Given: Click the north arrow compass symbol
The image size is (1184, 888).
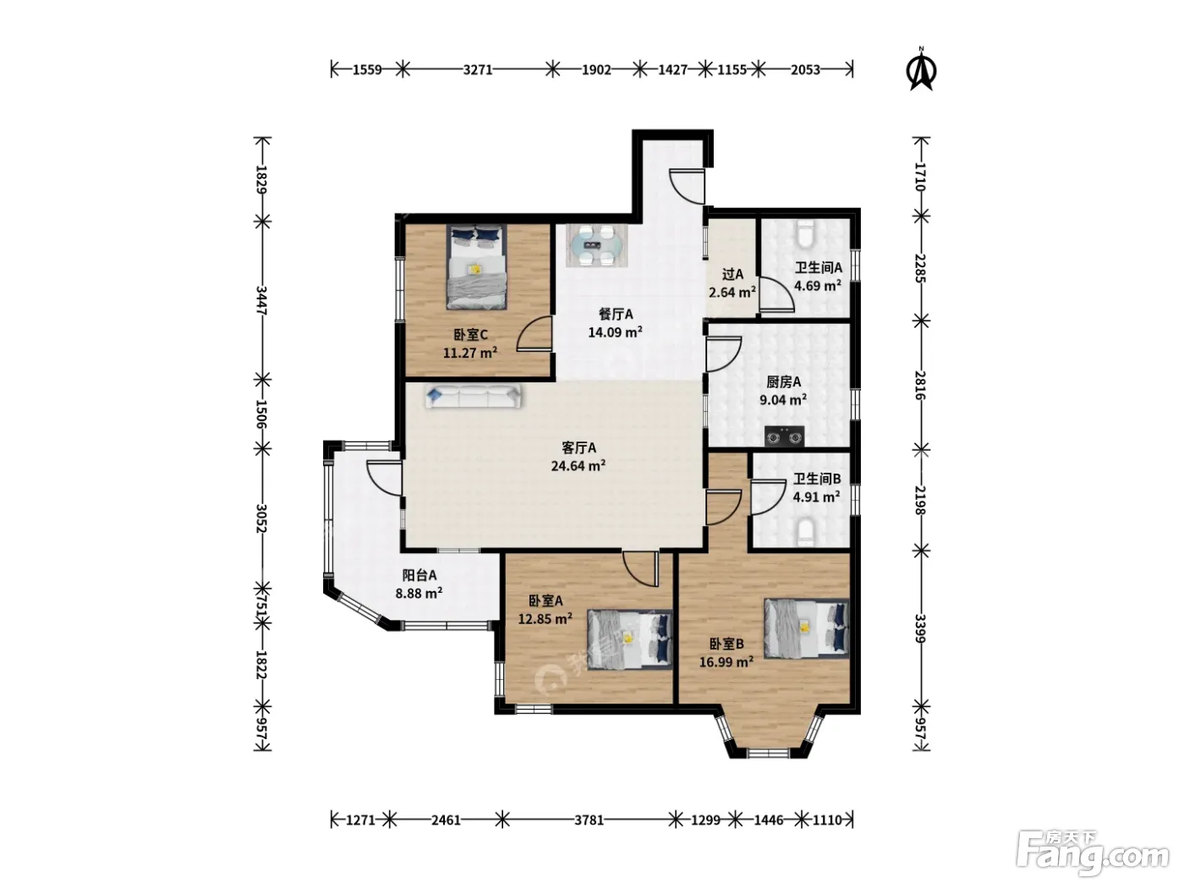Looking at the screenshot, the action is pos(922,69).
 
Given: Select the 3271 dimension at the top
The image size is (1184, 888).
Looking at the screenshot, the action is pos(477,69).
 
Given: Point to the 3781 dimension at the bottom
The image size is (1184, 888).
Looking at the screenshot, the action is pos(589,820).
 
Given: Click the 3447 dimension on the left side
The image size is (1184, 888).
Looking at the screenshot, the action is pos(261,300).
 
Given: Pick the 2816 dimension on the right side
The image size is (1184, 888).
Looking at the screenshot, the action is pos(921,385).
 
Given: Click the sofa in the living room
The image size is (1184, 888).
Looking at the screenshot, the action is pos(473,397).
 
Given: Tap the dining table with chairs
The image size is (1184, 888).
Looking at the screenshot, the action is pos(596,245).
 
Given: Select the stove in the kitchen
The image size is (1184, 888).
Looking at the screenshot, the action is pos(784,436).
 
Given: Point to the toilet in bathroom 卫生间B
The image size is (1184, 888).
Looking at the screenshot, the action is pos(805,532).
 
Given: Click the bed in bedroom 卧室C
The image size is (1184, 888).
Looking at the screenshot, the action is pos(476,267).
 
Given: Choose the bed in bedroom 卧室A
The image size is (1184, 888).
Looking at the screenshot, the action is pos(629,639).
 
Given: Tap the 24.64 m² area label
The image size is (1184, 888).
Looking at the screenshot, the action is pos(578,465).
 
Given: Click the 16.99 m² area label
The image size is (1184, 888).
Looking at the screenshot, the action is pos(726,661).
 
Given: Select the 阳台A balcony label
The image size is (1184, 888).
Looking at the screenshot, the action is pos(419,575).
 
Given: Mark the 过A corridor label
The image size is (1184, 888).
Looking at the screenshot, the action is pos(732,274).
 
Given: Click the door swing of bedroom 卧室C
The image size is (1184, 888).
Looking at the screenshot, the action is pos(534,334).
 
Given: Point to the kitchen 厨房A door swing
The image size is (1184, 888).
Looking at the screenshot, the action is pos(724,354).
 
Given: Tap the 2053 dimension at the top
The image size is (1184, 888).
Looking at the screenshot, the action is pos(805,69).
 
